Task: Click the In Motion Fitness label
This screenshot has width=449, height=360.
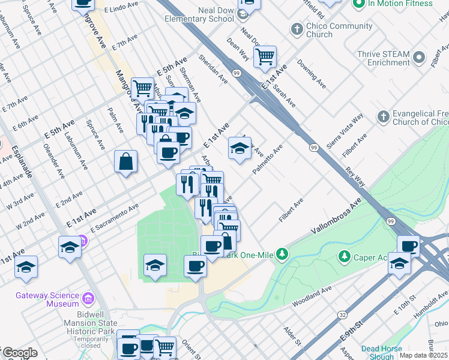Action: [400, 4]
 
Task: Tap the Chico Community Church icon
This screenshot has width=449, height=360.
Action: [296, 29]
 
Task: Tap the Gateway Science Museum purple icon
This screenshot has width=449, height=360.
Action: [88, 298]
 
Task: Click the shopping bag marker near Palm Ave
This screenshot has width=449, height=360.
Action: [125, 161]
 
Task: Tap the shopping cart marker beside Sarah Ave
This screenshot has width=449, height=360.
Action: [264, 57]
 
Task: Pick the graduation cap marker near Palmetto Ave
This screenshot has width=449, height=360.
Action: [240, 148]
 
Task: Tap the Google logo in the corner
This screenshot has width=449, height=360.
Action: [19, 353]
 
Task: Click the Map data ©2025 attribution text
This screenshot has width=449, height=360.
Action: [423, 355]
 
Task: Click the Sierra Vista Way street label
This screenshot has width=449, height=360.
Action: [349, 127]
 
